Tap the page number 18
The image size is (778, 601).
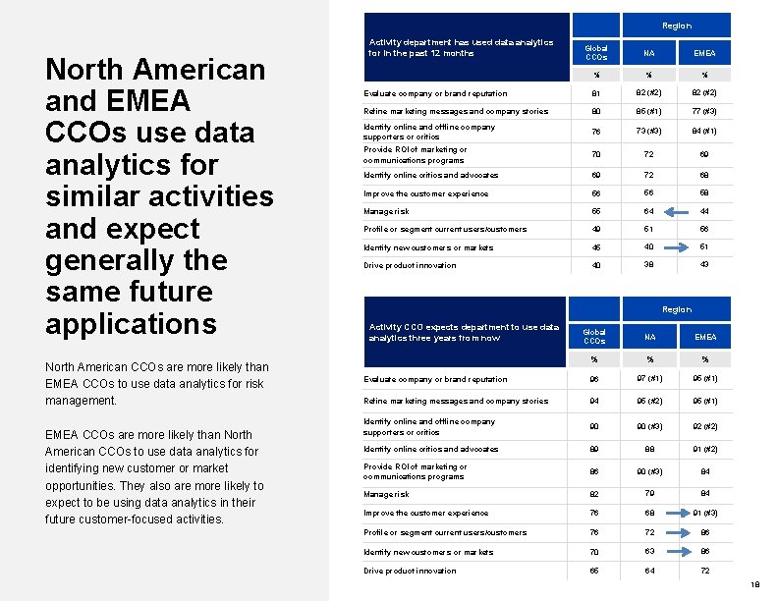tap(754, 584)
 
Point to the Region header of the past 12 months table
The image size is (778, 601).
tap(676, 26)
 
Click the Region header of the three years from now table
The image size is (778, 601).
tap(676, 309)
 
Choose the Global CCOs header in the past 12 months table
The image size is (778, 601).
tap(595, 52)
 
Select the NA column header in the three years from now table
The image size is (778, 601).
tap(649, 337)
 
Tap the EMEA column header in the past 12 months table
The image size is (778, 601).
tap(704, 53)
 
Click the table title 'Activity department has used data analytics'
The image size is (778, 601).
tap(461, 47)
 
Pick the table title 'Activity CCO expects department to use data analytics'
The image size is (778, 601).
tap(464, 332)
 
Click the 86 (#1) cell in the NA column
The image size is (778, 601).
tap(649, 112)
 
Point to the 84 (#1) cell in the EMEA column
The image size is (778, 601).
tap(704, 132)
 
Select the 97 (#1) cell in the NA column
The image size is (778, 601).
tap(649, 379)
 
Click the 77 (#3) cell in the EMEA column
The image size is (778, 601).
tap(704, 112)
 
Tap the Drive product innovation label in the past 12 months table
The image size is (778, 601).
tap(410, 265)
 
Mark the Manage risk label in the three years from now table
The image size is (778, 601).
tap(386, 494)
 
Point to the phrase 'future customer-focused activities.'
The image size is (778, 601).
tap(135, 519)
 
